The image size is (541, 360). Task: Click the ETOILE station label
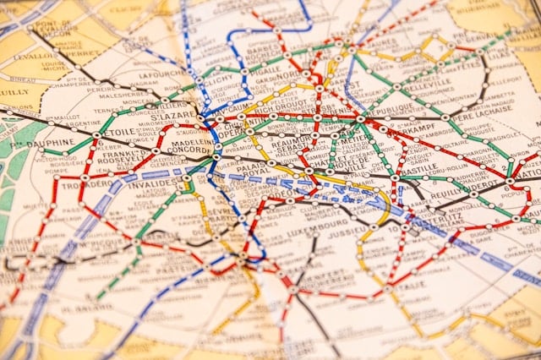[117, 132]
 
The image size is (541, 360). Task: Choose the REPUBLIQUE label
[394, 111]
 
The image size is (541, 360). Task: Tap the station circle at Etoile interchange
[97, 135]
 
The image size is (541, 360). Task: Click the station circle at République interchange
[361, 118]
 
